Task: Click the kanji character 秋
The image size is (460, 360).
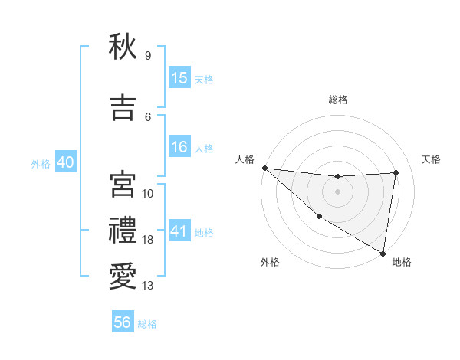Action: (123, 47)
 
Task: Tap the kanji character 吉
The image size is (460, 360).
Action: (123, 106)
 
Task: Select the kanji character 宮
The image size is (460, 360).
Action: (123, 184)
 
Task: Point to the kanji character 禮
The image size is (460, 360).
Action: (123, 231)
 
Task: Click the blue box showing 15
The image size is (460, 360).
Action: (179, 78)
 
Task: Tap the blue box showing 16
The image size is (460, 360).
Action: (179, 148)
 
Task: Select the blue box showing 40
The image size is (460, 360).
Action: (65, 162)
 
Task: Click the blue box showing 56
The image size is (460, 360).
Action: (123, 323)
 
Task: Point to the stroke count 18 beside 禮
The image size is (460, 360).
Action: (148, 240)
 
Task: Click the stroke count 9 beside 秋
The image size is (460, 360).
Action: (147, 56)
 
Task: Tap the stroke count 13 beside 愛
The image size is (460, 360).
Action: (148, 286)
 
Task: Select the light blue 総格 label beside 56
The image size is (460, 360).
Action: (147, 324)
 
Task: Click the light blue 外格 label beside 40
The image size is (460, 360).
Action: (41, 163)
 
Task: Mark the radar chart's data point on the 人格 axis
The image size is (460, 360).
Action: (264, 168)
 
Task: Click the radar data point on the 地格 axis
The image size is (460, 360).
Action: (383, 252)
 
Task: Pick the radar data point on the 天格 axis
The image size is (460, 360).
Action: (396, 172)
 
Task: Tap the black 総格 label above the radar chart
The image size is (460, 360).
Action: (337, 100)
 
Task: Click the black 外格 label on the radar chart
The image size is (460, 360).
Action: (270, 262)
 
